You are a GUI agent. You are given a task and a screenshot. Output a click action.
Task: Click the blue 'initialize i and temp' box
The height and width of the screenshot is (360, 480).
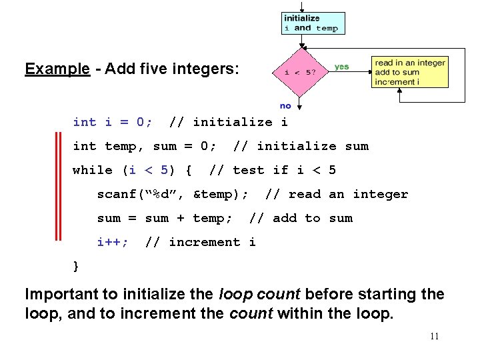311,23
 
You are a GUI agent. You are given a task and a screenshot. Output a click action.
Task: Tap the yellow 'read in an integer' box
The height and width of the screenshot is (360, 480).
409,72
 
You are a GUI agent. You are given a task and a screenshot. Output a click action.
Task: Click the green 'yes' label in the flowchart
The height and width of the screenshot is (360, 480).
341,67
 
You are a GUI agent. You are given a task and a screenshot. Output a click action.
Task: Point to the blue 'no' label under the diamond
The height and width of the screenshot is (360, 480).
285,105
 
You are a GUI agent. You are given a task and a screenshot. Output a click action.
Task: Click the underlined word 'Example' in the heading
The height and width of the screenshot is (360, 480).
57,69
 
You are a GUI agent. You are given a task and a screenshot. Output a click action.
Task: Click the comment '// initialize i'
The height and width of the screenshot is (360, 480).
229,122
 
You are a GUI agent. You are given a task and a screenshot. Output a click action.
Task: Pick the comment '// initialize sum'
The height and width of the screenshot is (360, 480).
301,146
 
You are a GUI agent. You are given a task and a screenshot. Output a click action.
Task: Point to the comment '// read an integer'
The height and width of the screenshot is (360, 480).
336,194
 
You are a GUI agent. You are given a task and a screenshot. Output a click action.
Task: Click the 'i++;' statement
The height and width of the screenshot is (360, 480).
113,242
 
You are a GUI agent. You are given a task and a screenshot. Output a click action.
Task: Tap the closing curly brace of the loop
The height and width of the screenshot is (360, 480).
76,266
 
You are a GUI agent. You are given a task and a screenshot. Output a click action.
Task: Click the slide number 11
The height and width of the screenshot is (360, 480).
434,336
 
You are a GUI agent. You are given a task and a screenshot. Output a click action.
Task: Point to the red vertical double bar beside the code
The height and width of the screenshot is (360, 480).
58,187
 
